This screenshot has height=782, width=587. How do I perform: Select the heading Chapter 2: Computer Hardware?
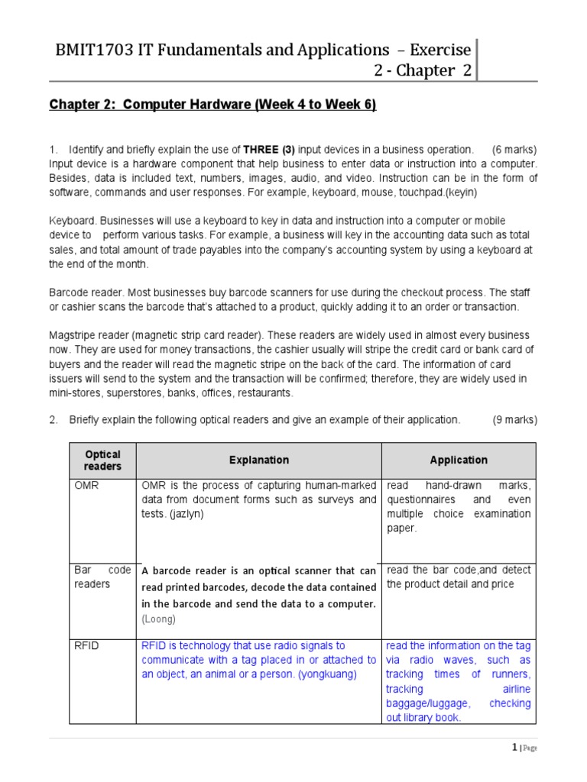(x=212, y=105)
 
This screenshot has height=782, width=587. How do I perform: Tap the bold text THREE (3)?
(x=267, y=149)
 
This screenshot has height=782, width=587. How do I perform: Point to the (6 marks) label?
(x=514, y=149)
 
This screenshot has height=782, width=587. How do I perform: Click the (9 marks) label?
(x=514, y=419)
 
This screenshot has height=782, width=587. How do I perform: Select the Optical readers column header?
(x=102, y=460)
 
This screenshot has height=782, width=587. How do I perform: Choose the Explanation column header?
(x=259, y=460)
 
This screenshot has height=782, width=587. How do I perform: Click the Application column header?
(x=459, y=460)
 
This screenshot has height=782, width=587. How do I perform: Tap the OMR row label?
(x=86, y=486)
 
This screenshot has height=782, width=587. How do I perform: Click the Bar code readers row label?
(x=102, y=577)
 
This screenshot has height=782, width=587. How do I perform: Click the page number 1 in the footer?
(x=515, y=748)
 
